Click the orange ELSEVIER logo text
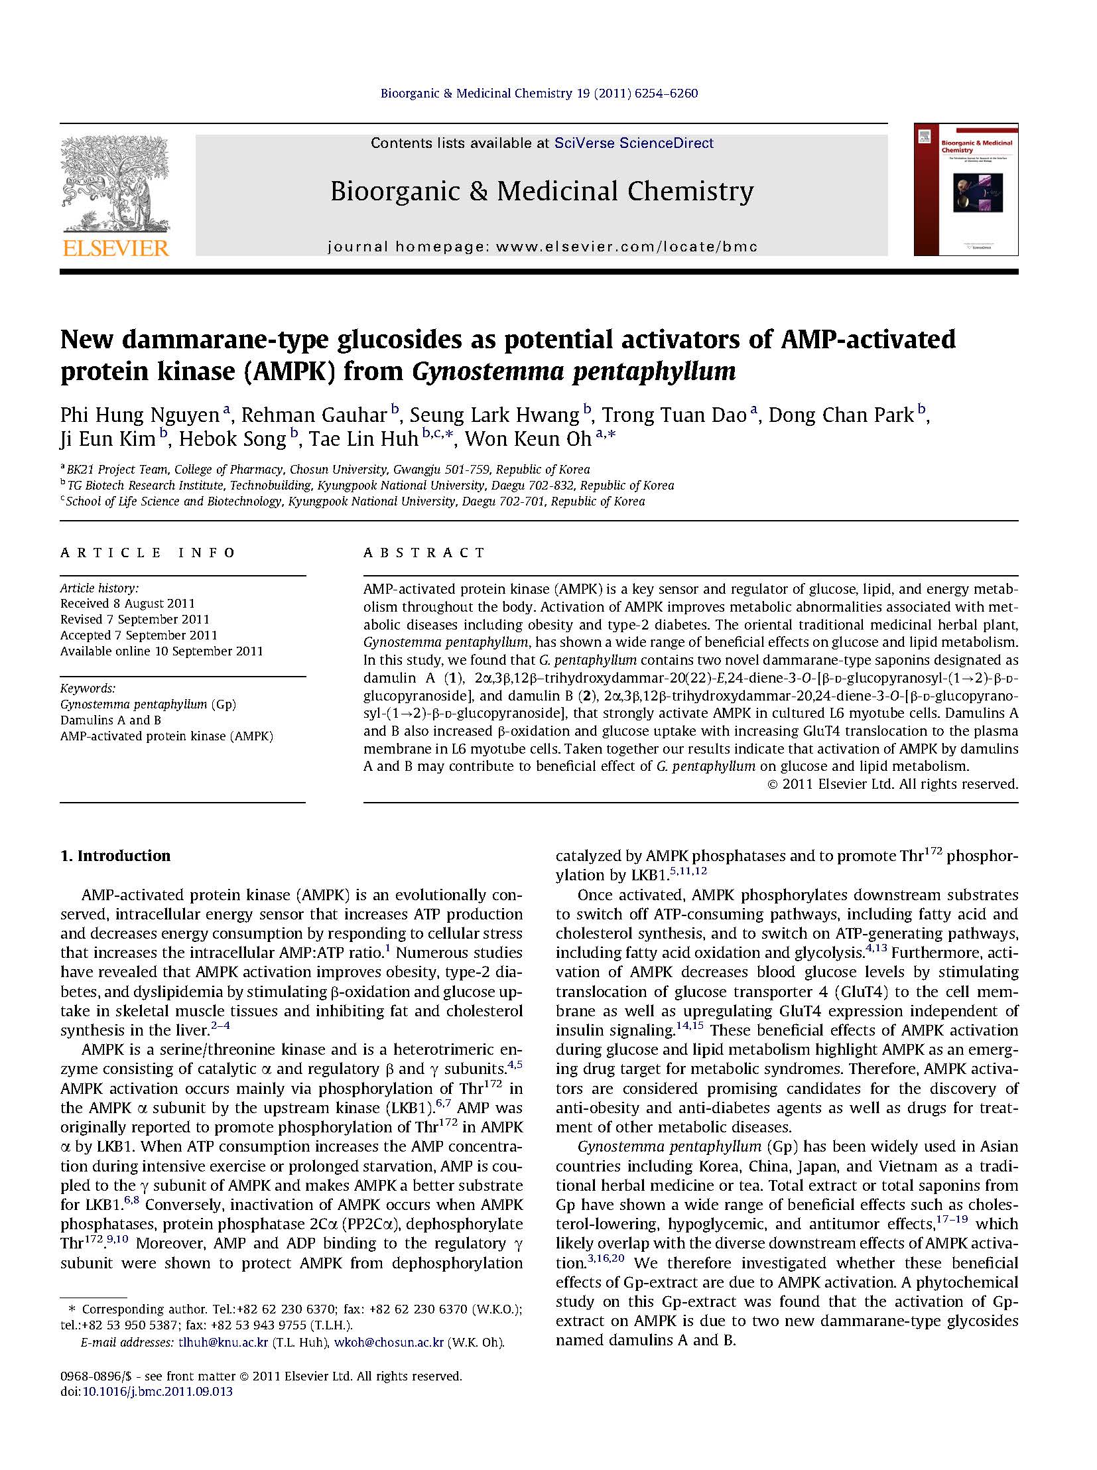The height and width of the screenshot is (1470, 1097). [x=115, y=249]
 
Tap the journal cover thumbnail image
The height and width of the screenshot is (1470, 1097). [x=966, y=189]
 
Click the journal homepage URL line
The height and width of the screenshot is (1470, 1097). [x=542, y=247]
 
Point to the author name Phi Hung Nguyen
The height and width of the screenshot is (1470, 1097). [x=139, y=415]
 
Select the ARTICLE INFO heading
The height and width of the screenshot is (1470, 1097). [x=147, y=553]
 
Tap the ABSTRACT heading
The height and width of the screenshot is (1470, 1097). [x=424, y=553]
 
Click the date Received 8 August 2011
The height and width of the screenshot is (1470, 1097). [x=127, y=604]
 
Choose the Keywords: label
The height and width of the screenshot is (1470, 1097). [x=88, y=688]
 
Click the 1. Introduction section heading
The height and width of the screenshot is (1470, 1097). [x=115, y=856]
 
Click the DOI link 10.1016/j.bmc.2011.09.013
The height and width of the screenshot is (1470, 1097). [x=157, y=1391]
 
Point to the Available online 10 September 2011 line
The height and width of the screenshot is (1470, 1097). [x=161, y=651]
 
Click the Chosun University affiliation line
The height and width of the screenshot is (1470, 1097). [x=326, y=470]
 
